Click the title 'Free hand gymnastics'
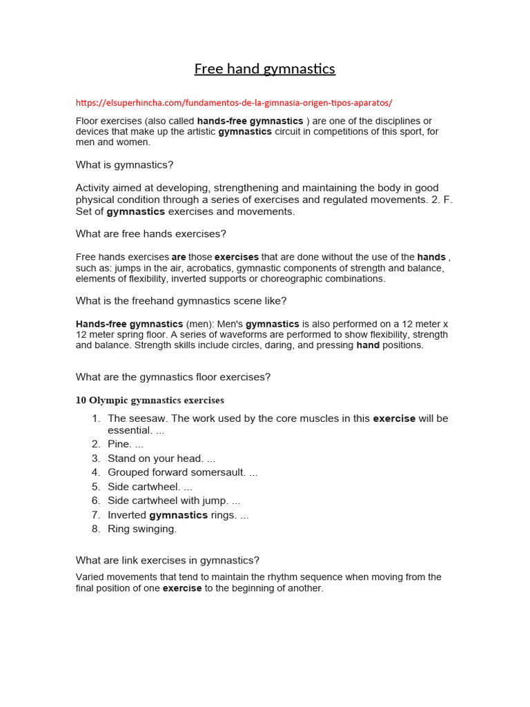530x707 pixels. (264, 69)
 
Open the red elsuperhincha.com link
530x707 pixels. (234, 103)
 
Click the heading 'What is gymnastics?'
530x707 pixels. (124, 165)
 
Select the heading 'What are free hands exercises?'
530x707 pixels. (150, 234)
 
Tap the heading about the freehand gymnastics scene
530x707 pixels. (181, 301)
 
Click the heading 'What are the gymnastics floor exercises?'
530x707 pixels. (173, 377)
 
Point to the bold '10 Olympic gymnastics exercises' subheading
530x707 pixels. (150, 400)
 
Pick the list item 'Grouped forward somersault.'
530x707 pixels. (182, 473)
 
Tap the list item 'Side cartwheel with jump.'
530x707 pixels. (174, 501)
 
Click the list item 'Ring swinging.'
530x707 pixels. (142, 530)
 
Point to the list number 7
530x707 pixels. (96, 515)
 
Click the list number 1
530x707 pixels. (96, 418)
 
